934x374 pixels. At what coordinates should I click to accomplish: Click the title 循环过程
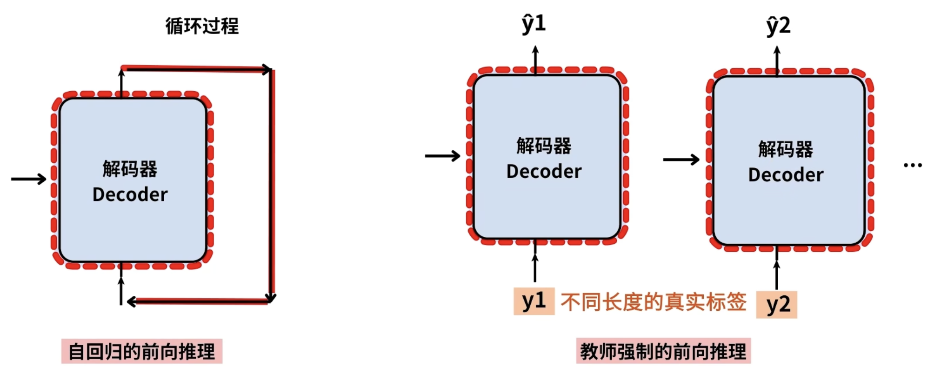coord(202,26)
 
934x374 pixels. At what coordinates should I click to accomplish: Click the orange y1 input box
coord(534,301)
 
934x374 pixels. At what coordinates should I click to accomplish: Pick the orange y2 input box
coord(776,305)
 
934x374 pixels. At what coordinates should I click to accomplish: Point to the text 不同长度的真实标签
coord(654,302)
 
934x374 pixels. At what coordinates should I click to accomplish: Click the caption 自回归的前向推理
coord(141,351)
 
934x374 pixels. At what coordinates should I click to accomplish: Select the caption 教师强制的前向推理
coord(663,351)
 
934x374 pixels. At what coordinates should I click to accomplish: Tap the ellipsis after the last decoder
coord(912,165)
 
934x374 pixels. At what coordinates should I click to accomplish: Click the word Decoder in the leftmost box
coord(130,194)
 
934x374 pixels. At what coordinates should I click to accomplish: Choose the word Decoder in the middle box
coord(544,172)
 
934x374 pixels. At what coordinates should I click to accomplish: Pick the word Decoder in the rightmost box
coord(786,175)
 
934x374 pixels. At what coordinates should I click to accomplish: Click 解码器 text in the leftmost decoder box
coord(130,169)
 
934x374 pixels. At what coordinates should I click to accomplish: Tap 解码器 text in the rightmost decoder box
coord(786,149)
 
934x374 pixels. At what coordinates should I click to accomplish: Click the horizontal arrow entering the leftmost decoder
coord(28,179)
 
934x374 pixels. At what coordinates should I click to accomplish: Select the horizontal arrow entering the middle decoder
coord(442,156)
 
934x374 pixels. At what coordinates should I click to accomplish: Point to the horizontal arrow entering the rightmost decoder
coord(681,160)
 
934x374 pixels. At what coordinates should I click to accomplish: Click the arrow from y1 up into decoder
coord(535,262)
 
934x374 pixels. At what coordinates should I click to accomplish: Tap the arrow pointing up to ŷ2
coord(777,60)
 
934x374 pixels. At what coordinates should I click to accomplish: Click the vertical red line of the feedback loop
coord(272,186)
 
